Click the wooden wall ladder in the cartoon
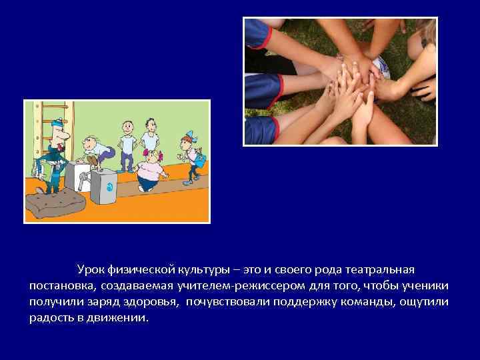tap(33, 133)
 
